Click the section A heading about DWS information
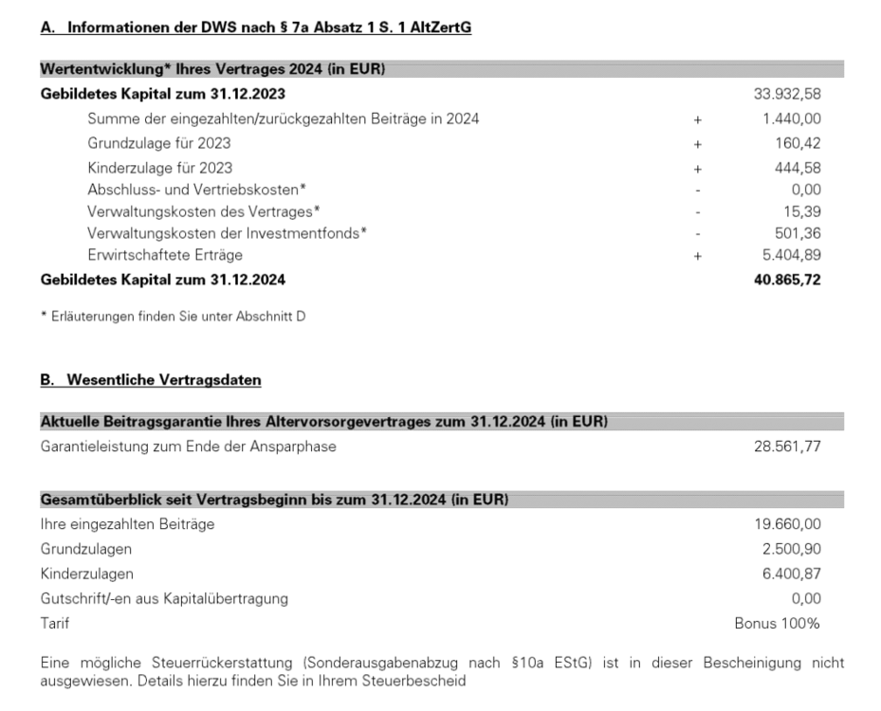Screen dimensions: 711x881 coord(256,28)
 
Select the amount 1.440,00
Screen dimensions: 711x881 coord(792,118)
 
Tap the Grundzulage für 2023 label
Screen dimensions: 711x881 coord(158,144)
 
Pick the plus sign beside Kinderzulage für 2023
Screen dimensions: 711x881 coord(697,169)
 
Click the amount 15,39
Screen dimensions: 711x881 coord(802,210)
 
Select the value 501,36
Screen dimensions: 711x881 coord(797,232)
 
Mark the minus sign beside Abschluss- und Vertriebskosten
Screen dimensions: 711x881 coord(697,190)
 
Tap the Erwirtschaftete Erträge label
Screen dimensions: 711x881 coord(164,255)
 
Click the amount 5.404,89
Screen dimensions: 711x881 coord(792,255)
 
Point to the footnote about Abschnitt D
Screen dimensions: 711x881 coord(173,317)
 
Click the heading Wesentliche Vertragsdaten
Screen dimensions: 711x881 coord(151,380)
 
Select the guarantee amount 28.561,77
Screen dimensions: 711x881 coord(787,447)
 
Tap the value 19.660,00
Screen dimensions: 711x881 coord(787,524)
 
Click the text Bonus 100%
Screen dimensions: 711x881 coord(778,624)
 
